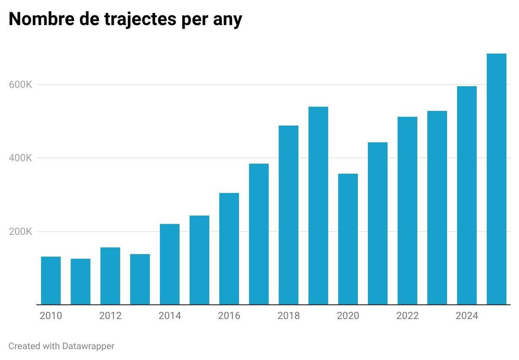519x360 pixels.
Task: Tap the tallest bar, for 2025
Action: [496, 179]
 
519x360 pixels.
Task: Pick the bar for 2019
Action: [318, 206]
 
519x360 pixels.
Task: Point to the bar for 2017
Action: [259, 234]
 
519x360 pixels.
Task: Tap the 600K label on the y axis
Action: [20, 85]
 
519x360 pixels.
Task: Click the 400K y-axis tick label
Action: [20, 158]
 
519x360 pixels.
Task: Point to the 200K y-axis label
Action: [20, 231]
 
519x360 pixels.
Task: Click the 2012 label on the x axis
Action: [110, 316]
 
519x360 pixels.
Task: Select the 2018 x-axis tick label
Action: [288, 316]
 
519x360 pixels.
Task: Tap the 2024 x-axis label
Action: [467, 316]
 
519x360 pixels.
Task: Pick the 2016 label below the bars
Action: [229, 316]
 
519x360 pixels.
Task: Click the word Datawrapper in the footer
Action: [88, 346]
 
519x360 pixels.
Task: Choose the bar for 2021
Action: [378, 223]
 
